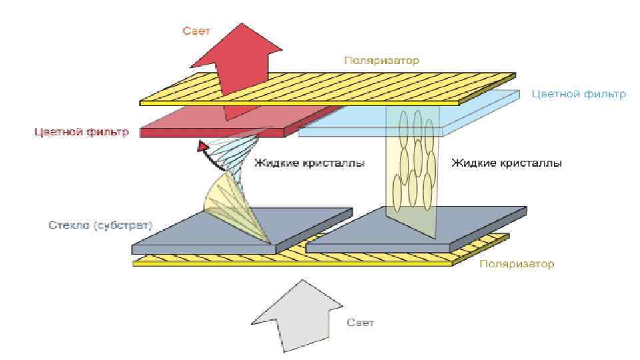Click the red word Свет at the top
198,31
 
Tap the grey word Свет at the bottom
361,323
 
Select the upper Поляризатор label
381,60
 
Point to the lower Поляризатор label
517,264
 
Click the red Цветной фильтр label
81,131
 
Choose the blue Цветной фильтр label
579,94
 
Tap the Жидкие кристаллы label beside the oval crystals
506,163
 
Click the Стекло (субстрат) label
100,225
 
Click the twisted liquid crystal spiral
240,180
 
